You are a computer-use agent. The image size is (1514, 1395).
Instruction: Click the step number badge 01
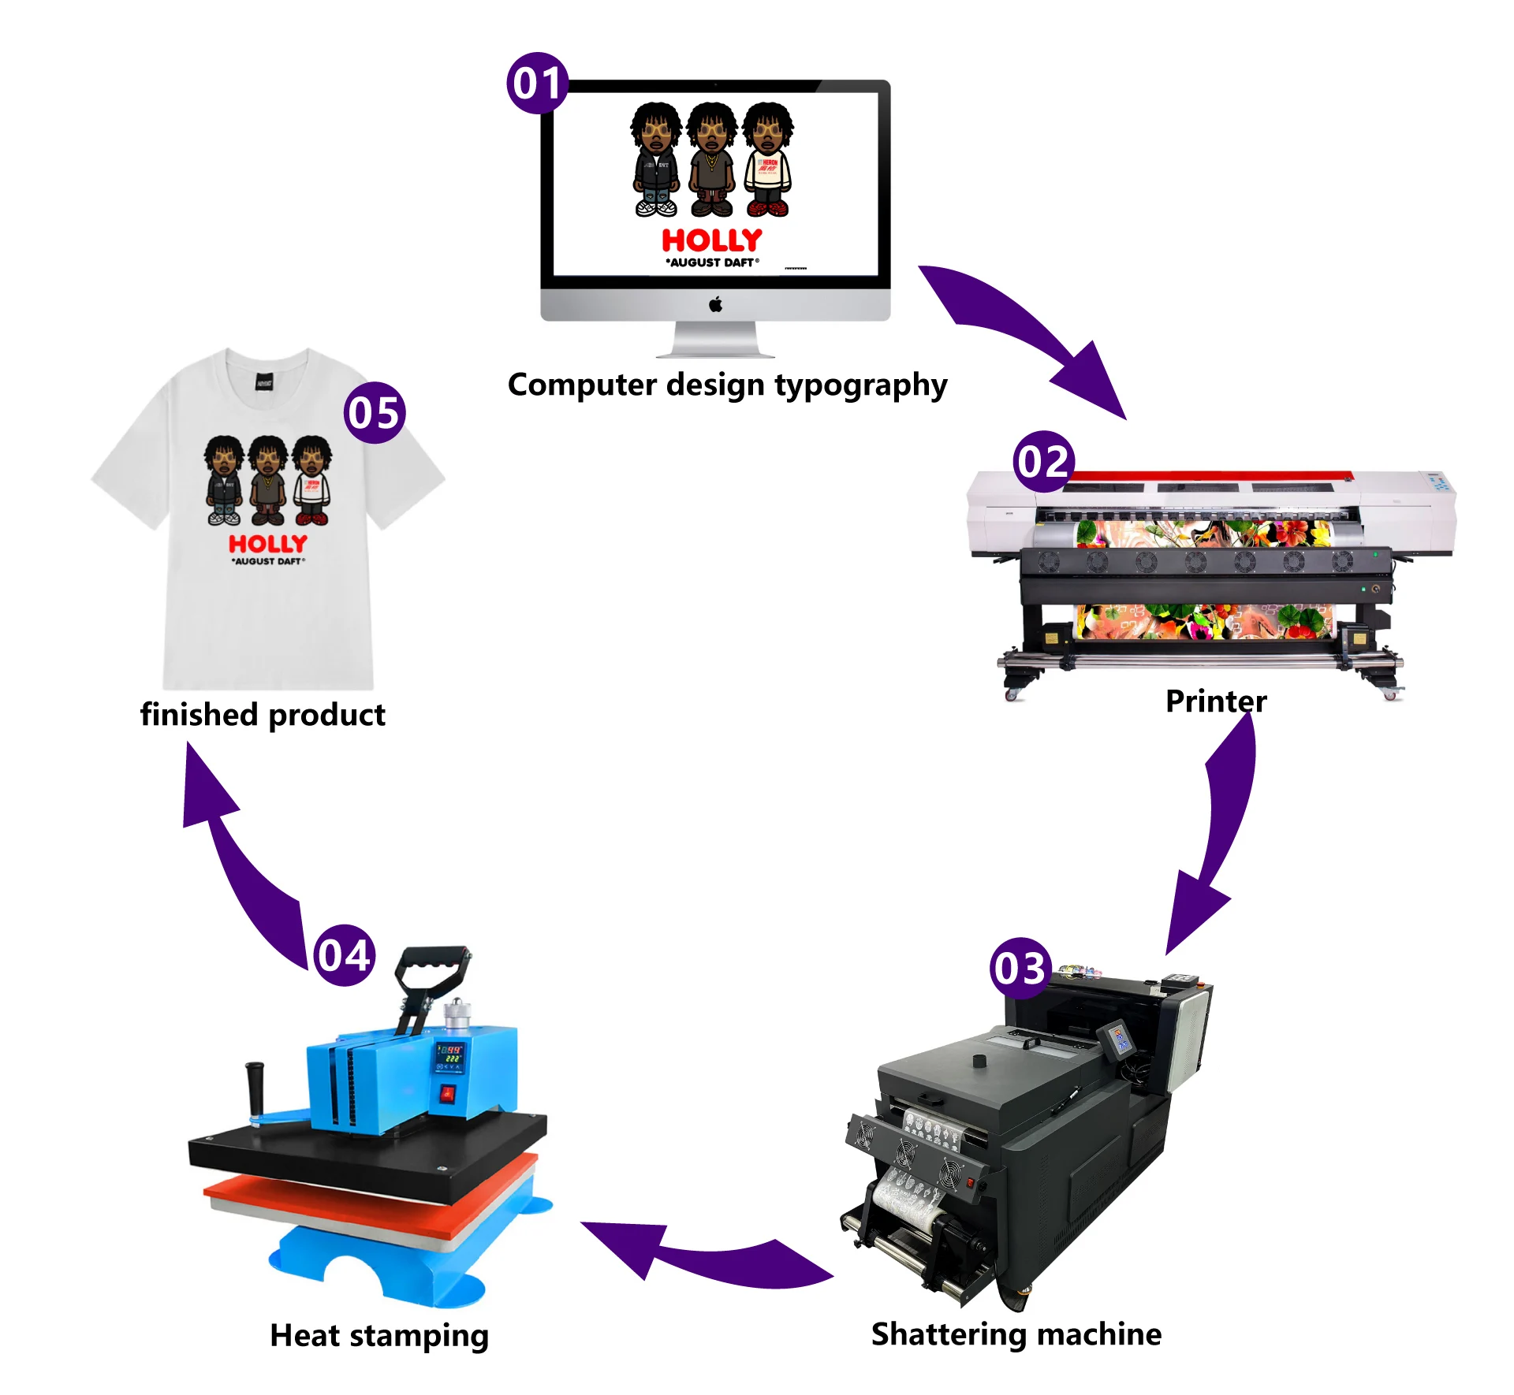coord(537,83)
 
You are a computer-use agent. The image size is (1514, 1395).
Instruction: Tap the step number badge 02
coord(1043,461)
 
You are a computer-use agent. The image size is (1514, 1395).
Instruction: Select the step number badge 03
coord(1020,968)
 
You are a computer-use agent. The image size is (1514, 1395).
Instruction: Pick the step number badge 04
coord(344,955)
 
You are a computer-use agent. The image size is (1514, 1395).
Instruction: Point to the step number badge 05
coord(375,412)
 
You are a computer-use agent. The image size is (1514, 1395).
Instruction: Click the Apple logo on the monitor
coord(715,304)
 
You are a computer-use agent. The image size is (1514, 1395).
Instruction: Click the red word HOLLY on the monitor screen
coord(711,240)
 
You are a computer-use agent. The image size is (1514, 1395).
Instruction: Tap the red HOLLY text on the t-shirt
coord(267,544)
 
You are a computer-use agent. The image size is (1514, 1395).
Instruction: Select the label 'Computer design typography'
coord(727,385)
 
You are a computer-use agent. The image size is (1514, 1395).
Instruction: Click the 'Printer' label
coord(1216,701)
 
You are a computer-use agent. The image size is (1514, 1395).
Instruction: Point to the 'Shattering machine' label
coord(1016,1334)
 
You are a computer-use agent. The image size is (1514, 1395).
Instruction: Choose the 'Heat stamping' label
coord(379,1335)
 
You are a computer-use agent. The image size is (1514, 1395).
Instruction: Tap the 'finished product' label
coord(263,714)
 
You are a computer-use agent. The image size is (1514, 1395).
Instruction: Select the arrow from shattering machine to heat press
coord(702,1253)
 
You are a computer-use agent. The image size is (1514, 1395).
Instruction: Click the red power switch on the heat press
coord(447,1094)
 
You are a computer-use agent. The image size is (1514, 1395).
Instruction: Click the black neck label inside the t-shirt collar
coord(264,384)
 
